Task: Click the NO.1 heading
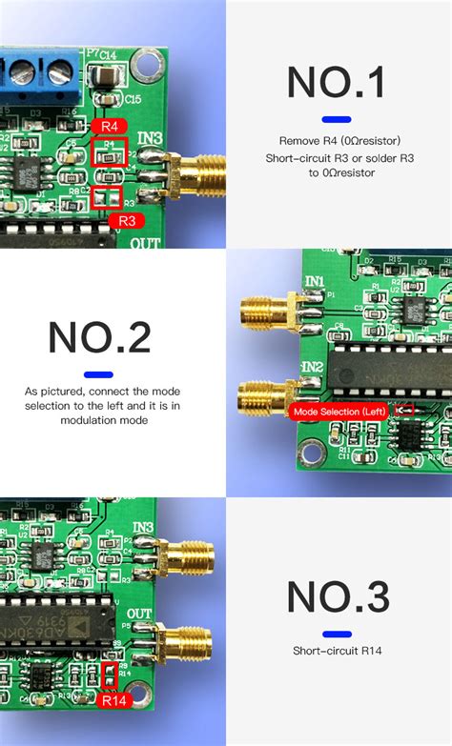338,83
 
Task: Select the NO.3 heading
338,598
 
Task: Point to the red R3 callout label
127,221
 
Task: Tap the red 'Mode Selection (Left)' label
339,411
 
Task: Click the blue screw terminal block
38,71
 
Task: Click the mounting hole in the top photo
146,65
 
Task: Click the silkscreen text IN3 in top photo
150,139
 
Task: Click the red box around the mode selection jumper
405,410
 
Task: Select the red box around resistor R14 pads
109,676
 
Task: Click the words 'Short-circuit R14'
338,652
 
